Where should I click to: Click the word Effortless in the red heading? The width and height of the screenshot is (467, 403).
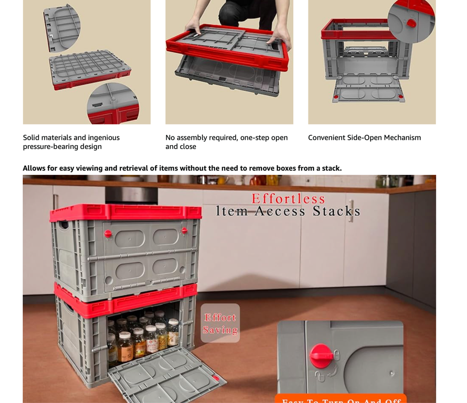(x=288, y=199)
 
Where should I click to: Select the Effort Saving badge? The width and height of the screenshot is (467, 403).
(x=220, y=323)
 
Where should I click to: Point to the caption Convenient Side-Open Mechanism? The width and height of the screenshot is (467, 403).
(x=364, y=137)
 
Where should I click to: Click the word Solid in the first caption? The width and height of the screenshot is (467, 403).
(x=31, y=137)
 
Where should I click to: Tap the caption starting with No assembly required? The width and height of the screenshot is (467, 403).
(x=226, y=142)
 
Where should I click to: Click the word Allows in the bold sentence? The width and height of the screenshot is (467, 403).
(x=34, y=168)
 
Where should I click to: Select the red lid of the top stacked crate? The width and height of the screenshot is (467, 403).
(x=125, y=212)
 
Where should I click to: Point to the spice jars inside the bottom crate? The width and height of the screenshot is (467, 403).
(x=144, y=335)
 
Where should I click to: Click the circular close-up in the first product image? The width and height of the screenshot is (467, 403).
(x=113, y=103)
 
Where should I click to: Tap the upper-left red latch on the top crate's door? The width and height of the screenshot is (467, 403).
(x=108, y=234)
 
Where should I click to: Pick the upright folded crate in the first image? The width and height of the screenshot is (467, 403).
(x=62, y=28)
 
